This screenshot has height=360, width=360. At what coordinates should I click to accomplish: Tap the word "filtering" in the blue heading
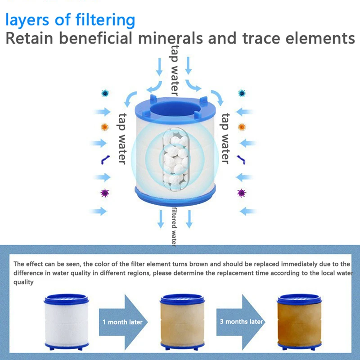pos(102,20)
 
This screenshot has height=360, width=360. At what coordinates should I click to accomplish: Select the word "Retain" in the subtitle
pos(32,38)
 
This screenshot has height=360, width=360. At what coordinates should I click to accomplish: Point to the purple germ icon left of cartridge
pos(105,193)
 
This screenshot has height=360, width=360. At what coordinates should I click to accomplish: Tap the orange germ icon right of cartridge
pos(242,127)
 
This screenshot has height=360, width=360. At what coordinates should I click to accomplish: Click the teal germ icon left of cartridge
pos(105,93)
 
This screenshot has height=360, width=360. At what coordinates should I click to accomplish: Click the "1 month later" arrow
pos(123,321)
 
